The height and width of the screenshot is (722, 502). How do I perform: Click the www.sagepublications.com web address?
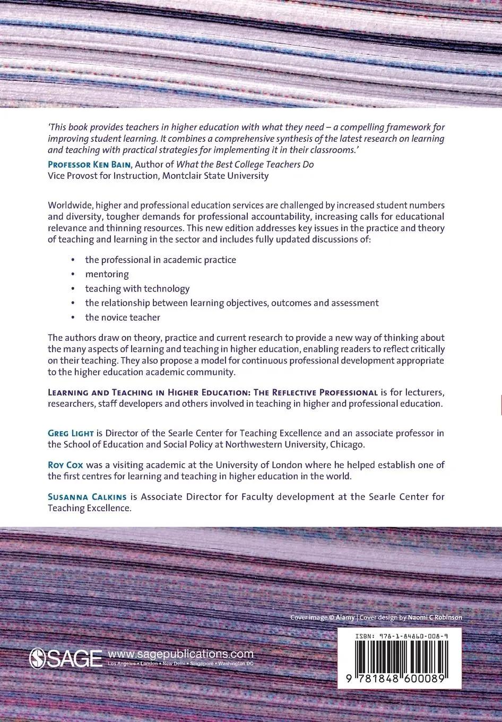(180, 654)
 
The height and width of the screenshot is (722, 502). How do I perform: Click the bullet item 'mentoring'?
(107, 274)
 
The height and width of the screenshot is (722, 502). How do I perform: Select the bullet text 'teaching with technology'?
(137, 289)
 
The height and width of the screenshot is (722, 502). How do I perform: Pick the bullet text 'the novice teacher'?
(122, 317)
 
